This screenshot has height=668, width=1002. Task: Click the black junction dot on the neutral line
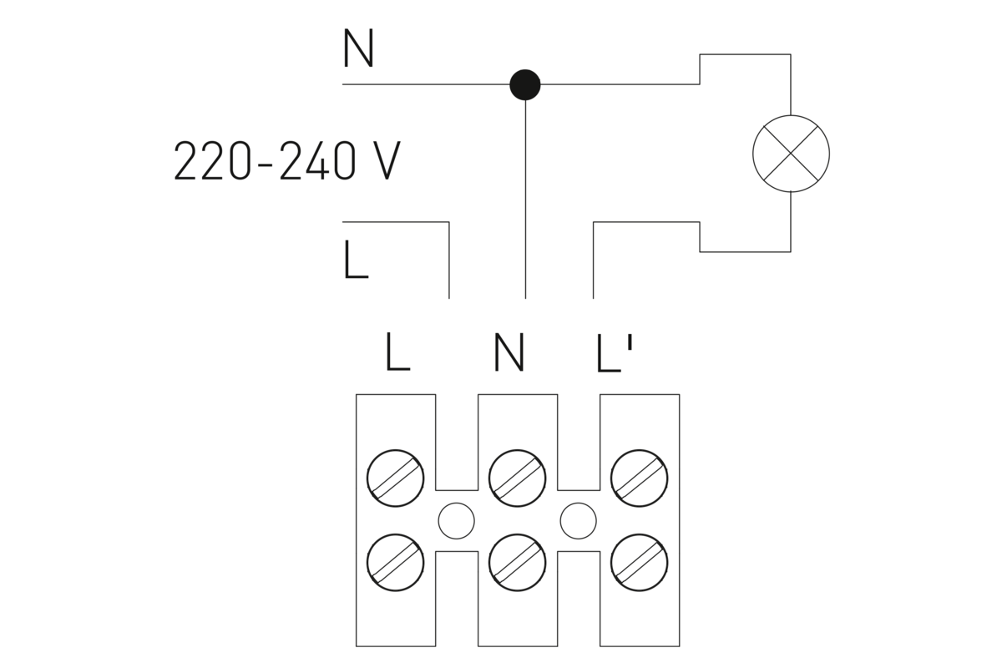click(525, 84)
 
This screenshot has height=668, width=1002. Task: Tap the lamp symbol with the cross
click(791, 154)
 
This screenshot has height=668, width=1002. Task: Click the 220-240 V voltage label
click(286, 161)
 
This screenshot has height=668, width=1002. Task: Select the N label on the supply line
click(358, 50)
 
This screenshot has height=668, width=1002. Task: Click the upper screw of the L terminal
click(396, 478)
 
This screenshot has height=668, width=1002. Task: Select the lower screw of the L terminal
click(396, 562)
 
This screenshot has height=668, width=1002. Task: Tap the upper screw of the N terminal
click(518, 478)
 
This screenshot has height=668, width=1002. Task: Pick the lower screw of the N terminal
click(518, 562)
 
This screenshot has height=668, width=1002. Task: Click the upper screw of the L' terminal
click(640, 478)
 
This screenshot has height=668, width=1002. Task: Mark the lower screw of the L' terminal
click(640, 562)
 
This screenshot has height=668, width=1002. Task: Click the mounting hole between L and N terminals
click(457, 521)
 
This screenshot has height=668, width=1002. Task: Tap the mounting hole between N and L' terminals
click(579, 521)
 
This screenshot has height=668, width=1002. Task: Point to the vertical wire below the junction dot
click(525, 200)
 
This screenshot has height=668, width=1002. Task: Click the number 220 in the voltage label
click(210, 161)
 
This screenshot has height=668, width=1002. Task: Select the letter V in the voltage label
click(383, 161)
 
